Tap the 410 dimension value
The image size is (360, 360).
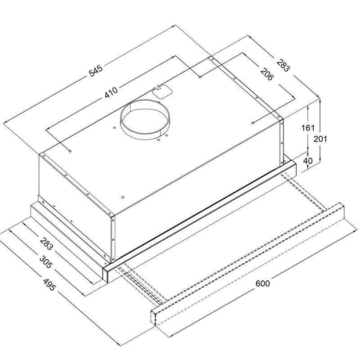point(111,92)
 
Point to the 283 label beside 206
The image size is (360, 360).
point(283,65)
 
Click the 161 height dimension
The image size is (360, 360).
point(308,128)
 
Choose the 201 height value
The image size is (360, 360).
point(320,139)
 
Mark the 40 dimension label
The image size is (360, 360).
point(308,161)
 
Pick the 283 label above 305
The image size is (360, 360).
point(46,244)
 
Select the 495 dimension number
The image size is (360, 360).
point(49,285)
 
